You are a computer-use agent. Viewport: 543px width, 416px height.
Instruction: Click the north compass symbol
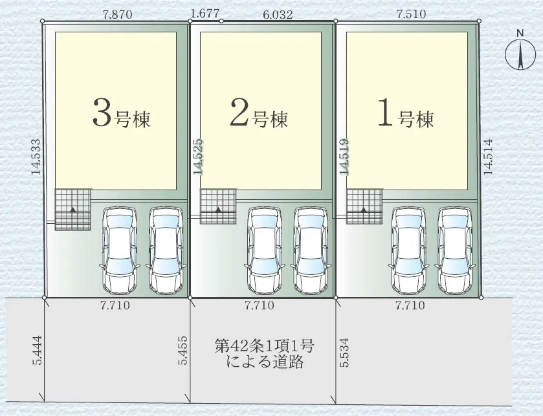[520, 55]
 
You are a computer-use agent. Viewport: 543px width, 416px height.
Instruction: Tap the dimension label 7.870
[117, 14]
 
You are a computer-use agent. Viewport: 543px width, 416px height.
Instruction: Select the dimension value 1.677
[205, 14]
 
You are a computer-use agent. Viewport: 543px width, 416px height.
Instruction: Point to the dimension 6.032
[278, 14]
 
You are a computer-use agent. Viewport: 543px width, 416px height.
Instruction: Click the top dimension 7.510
[412, 14]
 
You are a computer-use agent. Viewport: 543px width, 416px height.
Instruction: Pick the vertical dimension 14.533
[36, 157]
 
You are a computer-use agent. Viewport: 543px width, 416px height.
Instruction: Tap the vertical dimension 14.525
[198, 157]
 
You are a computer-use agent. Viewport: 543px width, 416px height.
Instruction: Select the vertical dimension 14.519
[344, 157]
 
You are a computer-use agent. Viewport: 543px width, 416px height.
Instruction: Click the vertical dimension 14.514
[488, 157]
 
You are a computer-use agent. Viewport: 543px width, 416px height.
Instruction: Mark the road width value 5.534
[344, 353]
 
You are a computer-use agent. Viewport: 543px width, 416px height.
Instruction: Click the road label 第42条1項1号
[264, 345]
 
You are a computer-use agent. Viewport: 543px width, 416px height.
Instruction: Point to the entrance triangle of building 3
[73, 210]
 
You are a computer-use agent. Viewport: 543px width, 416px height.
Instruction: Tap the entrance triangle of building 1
[364, 210]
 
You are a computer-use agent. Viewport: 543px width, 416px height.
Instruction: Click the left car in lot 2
[265, 250]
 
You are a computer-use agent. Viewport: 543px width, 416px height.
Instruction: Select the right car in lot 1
[455, 250]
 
